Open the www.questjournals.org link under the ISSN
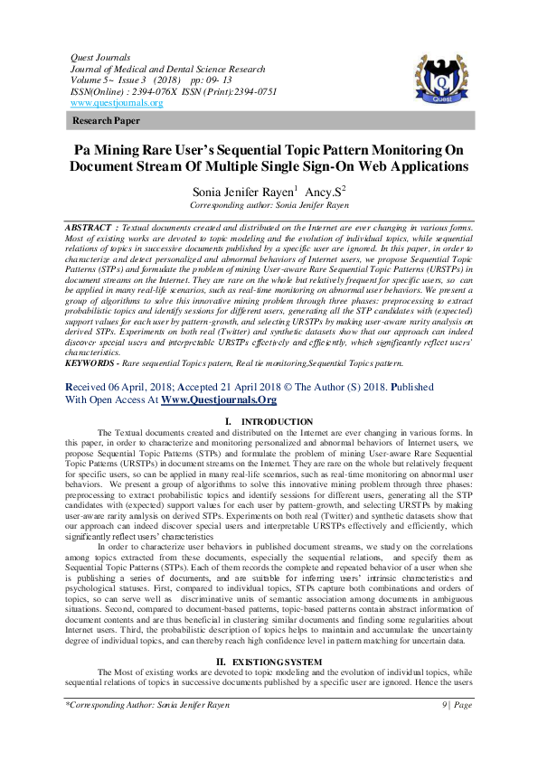[117, 103]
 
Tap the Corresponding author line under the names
[269, 205]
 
